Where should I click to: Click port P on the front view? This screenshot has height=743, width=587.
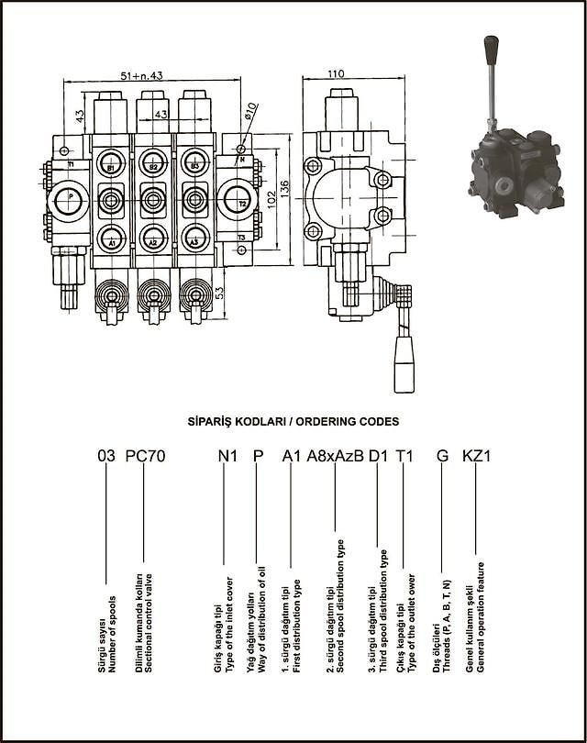click(71, 198)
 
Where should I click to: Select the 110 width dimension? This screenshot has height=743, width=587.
click(336, 73)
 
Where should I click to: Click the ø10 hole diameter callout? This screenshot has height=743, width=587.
click(250, 113)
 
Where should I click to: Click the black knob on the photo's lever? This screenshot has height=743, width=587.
click(492, 44)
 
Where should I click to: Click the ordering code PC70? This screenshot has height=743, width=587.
click(145, 455)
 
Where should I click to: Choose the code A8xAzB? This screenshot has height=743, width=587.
click(335, 455)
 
